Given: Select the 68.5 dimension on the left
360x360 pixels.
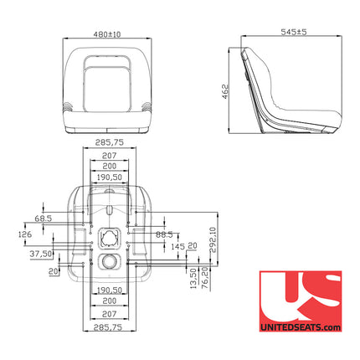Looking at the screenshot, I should (44, 219).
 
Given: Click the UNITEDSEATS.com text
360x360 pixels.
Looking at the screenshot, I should (300, 327).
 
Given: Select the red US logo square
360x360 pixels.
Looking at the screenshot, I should (300, 296).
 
